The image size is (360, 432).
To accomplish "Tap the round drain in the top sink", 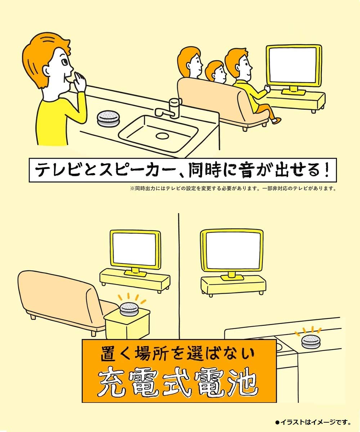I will click(162, 136).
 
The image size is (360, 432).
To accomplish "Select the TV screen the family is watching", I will click(293, 65).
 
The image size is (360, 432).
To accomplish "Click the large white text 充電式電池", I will click(179, 383).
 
